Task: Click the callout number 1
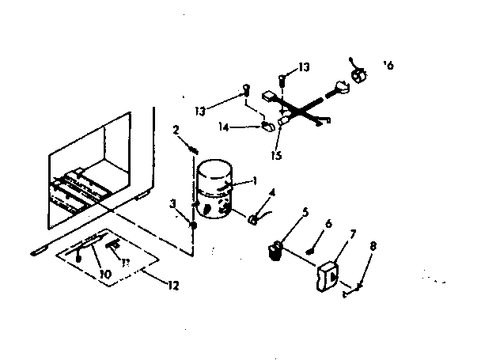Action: tap(256, 180)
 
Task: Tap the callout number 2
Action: tap(176, 129)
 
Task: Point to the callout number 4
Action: tap(272, 191)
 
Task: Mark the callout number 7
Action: tap(354, 235)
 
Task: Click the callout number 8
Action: tap(374, 246)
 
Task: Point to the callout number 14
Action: tap(225, 126)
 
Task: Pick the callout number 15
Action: tap(277, 155)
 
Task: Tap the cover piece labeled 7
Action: tap(327, 278)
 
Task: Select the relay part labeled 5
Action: tap(275, 251)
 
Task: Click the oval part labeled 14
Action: tap(267, 126)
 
